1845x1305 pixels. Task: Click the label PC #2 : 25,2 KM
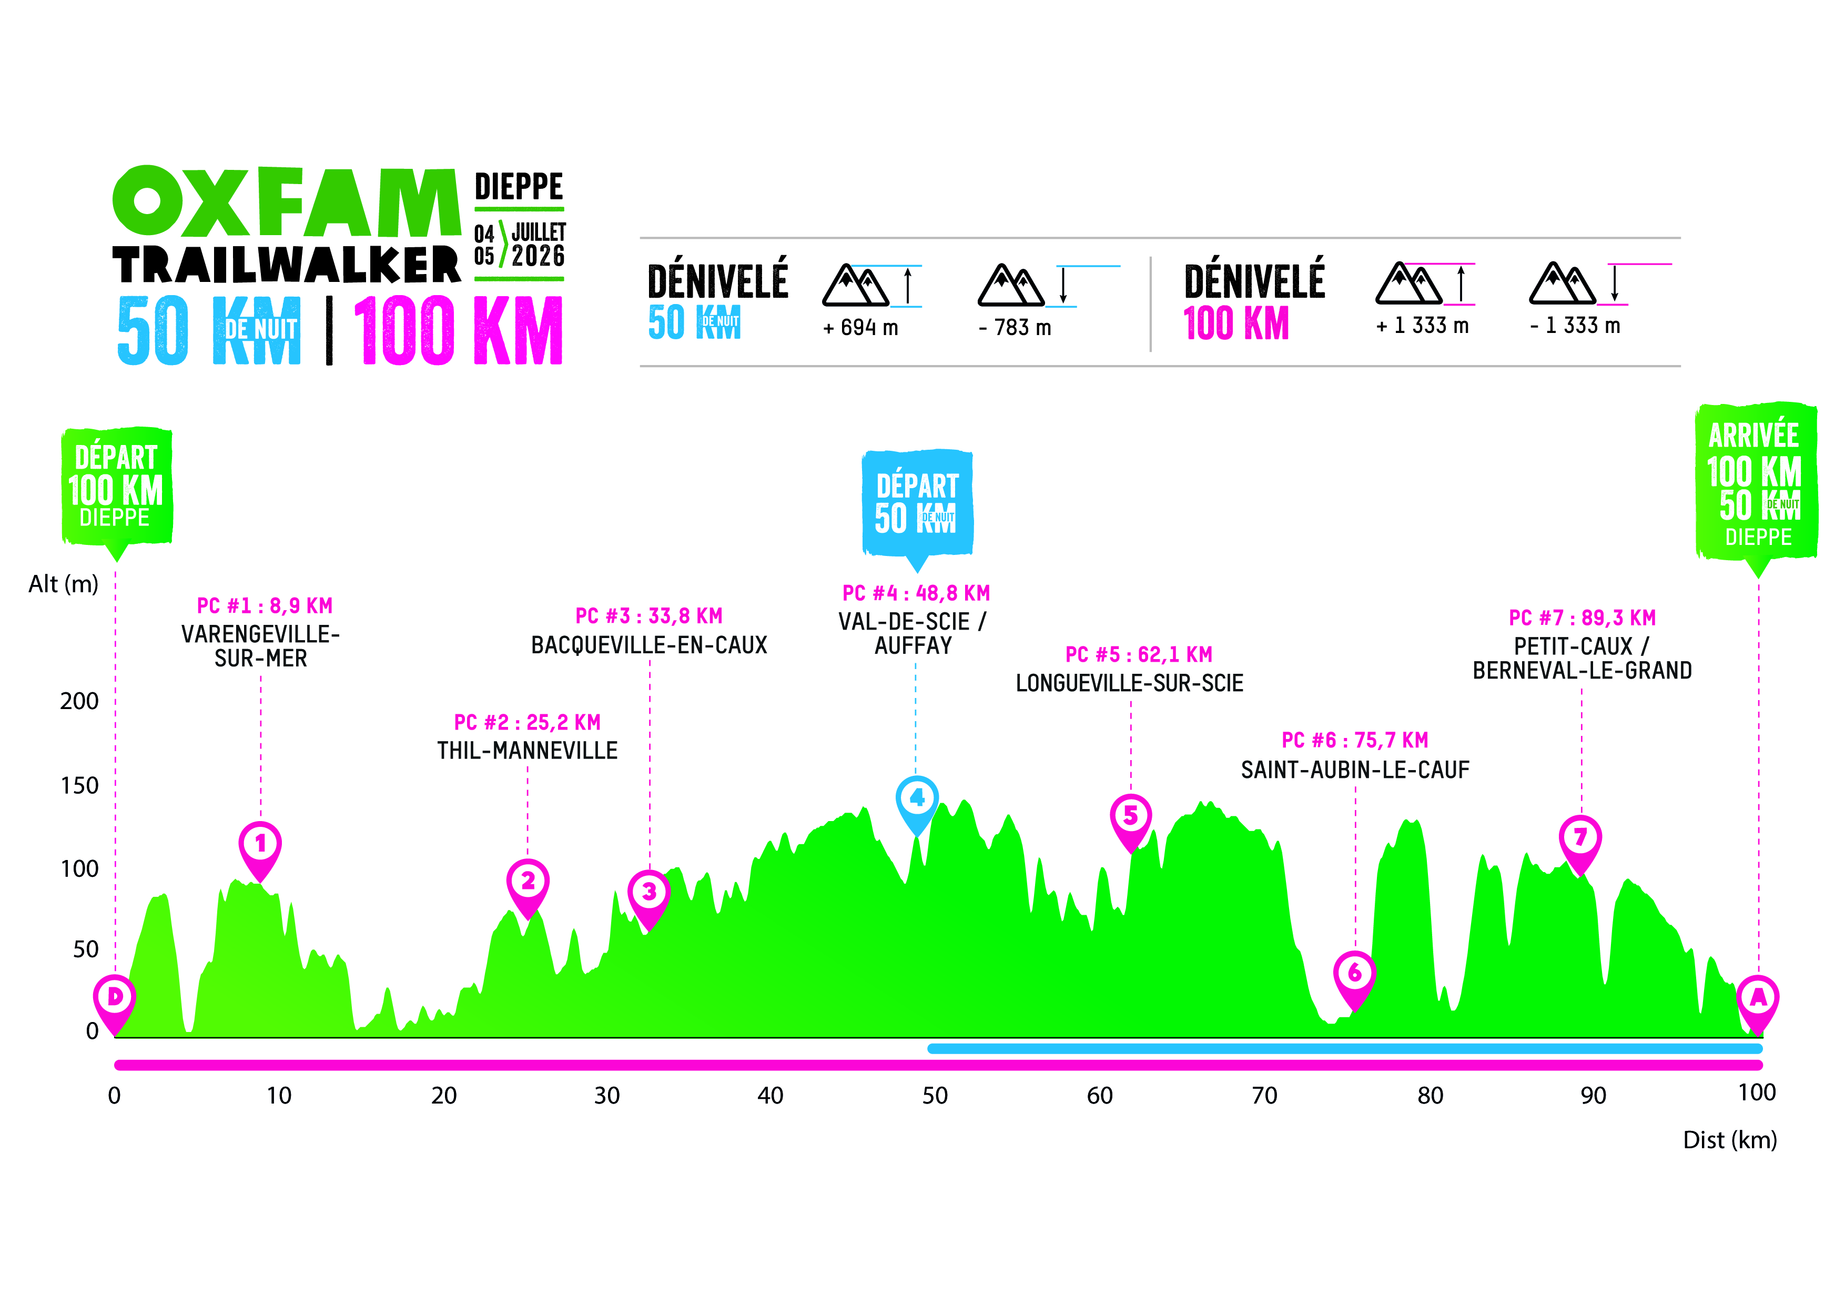[527, 722]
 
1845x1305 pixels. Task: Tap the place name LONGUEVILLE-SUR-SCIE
[1129, 684]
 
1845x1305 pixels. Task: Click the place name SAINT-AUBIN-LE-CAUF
[1355, 771]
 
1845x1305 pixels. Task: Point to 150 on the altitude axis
[79, 785]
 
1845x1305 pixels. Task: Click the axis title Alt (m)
[64, 584]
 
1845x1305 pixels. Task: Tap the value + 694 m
[860, 328]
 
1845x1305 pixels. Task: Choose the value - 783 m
[1015, 328]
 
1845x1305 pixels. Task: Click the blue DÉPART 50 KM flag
[917, 503]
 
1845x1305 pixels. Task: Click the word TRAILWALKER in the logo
[286, 265]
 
